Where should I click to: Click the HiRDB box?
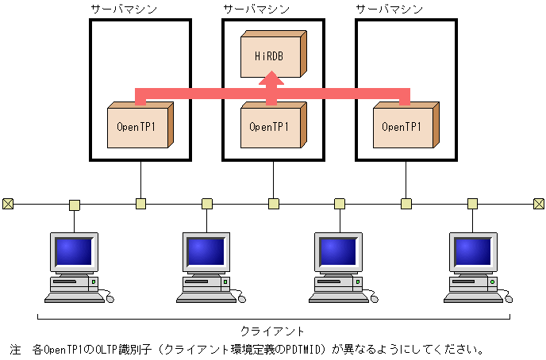tap(271, 56)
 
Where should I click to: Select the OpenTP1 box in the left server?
tap(138, 126)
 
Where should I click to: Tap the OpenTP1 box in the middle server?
tap(270, 126)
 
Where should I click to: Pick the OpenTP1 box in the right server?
tap(403, 126)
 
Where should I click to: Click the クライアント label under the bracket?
tap(272, 331)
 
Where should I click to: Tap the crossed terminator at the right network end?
tap(538, 204)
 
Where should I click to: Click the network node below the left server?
tap(140, 204)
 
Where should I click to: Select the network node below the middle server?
tap(273, 204)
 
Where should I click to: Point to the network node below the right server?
tap(406, 204)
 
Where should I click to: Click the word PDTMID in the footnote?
tap(306, 349)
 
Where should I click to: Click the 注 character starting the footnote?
tap(14, 349)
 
